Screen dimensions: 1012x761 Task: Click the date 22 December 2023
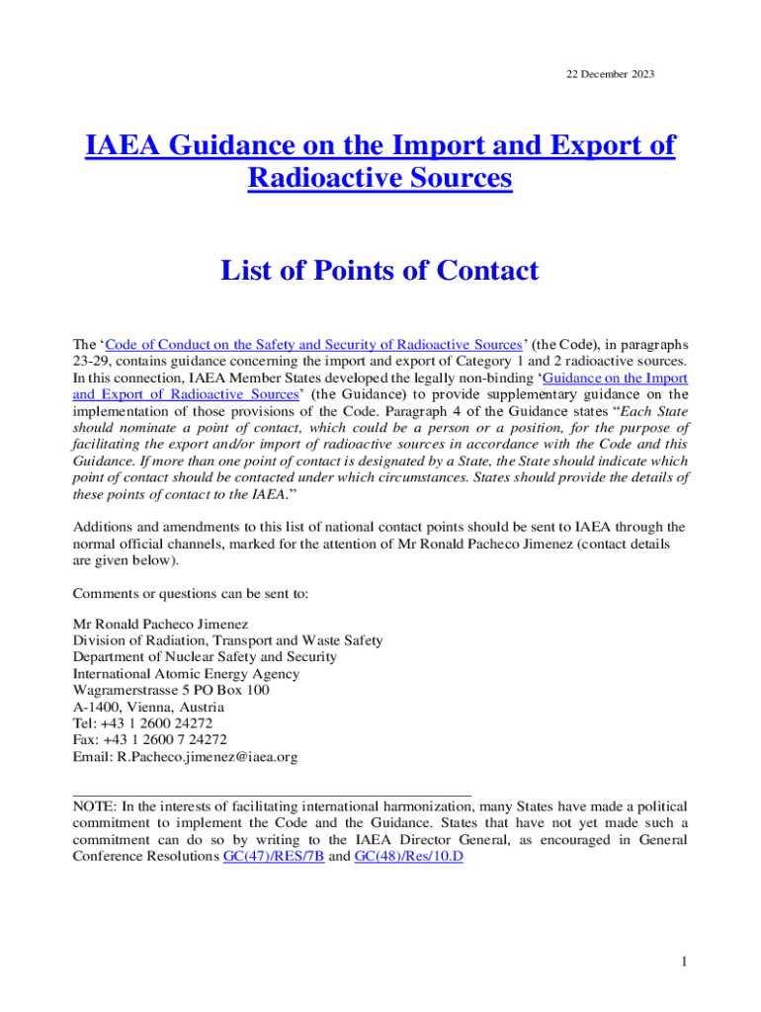coord(609,75)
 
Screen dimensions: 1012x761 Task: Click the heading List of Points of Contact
coord(380,270)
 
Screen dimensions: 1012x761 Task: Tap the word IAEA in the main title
coord(125,145)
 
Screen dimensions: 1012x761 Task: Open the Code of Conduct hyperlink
coord(312,345)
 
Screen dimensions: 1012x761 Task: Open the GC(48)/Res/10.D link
coord(408,857)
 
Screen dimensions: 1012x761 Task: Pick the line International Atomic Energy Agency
coord(187,674)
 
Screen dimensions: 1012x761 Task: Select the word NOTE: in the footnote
coord(96,806)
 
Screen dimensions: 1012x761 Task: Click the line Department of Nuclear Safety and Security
coord(206,657)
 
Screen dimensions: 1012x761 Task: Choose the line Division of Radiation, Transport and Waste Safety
coord(228,640)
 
